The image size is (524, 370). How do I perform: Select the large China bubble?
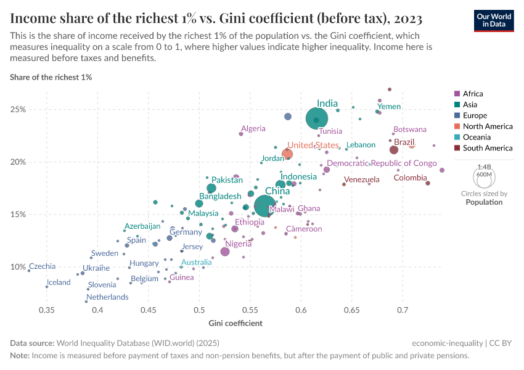pyautogui.click(x=266, y=207)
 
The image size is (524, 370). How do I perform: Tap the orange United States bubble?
pyautogui.click(x=287, y=154)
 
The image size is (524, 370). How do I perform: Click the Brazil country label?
pyautogui.click(x=404, y=142)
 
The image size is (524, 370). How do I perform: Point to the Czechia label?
pyautogui.click(x=42, y=266)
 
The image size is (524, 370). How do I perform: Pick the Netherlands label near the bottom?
pyautogui.click(x=107, y=297)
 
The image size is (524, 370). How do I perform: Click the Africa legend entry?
pyautogui.click(x=473, y=94)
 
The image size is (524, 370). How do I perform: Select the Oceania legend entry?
pyautogui.click(x=476, y=137)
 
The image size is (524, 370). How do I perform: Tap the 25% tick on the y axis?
pyautogui.click(x=18, y=110)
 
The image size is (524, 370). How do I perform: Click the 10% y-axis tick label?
pyautogui.click(x=18, y=267)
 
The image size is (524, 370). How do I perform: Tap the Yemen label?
pyautogui.click(x=389, y=107)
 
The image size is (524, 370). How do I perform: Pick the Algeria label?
pyautogui.click(x=253, y=128)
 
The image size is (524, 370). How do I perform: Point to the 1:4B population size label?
pyautogui.click(x=485, y=167)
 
